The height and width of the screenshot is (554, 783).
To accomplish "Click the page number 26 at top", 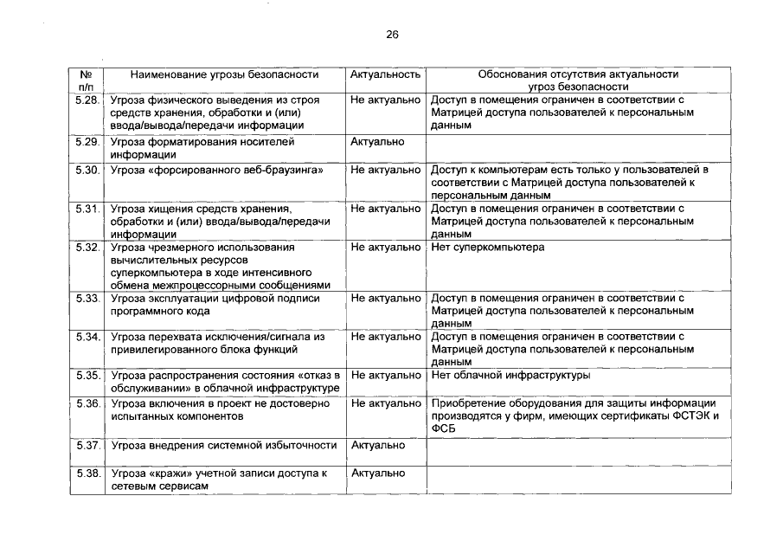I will (x=392, y=35).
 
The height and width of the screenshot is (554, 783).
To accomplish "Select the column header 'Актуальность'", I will (x=385, y=75).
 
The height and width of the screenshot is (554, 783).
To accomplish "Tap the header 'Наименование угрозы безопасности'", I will (x=224, y=75).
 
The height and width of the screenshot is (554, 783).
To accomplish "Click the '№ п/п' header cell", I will (x=86, y=81).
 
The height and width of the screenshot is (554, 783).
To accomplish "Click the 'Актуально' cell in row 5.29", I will (x=377, y=141).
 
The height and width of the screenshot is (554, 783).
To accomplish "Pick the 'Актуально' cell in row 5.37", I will (x=377, y=446).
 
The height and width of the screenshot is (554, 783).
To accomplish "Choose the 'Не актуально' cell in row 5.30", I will (x=385, y=170).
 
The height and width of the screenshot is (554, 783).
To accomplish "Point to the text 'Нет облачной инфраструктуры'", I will (x=510, y=376).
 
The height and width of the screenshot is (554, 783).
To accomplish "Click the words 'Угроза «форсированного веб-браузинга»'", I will (x=217, y=170).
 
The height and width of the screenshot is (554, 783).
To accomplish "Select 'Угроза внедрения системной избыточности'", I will (x=224, y=446).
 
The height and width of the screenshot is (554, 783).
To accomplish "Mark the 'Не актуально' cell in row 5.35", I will (x=385, y=376).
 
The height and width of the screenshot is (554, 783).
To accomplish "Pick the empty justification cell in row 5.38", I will (x=578, y=480).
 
